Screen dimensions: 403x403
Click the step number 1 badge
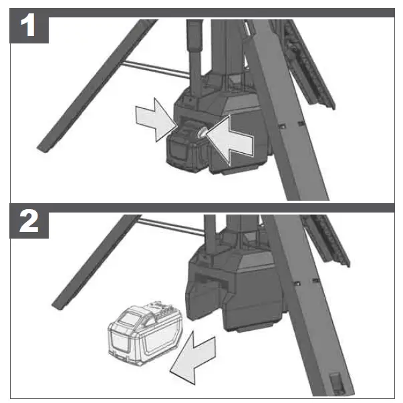(27, 27)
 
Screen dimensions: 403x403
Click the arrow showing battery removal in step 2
(194, 355)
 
